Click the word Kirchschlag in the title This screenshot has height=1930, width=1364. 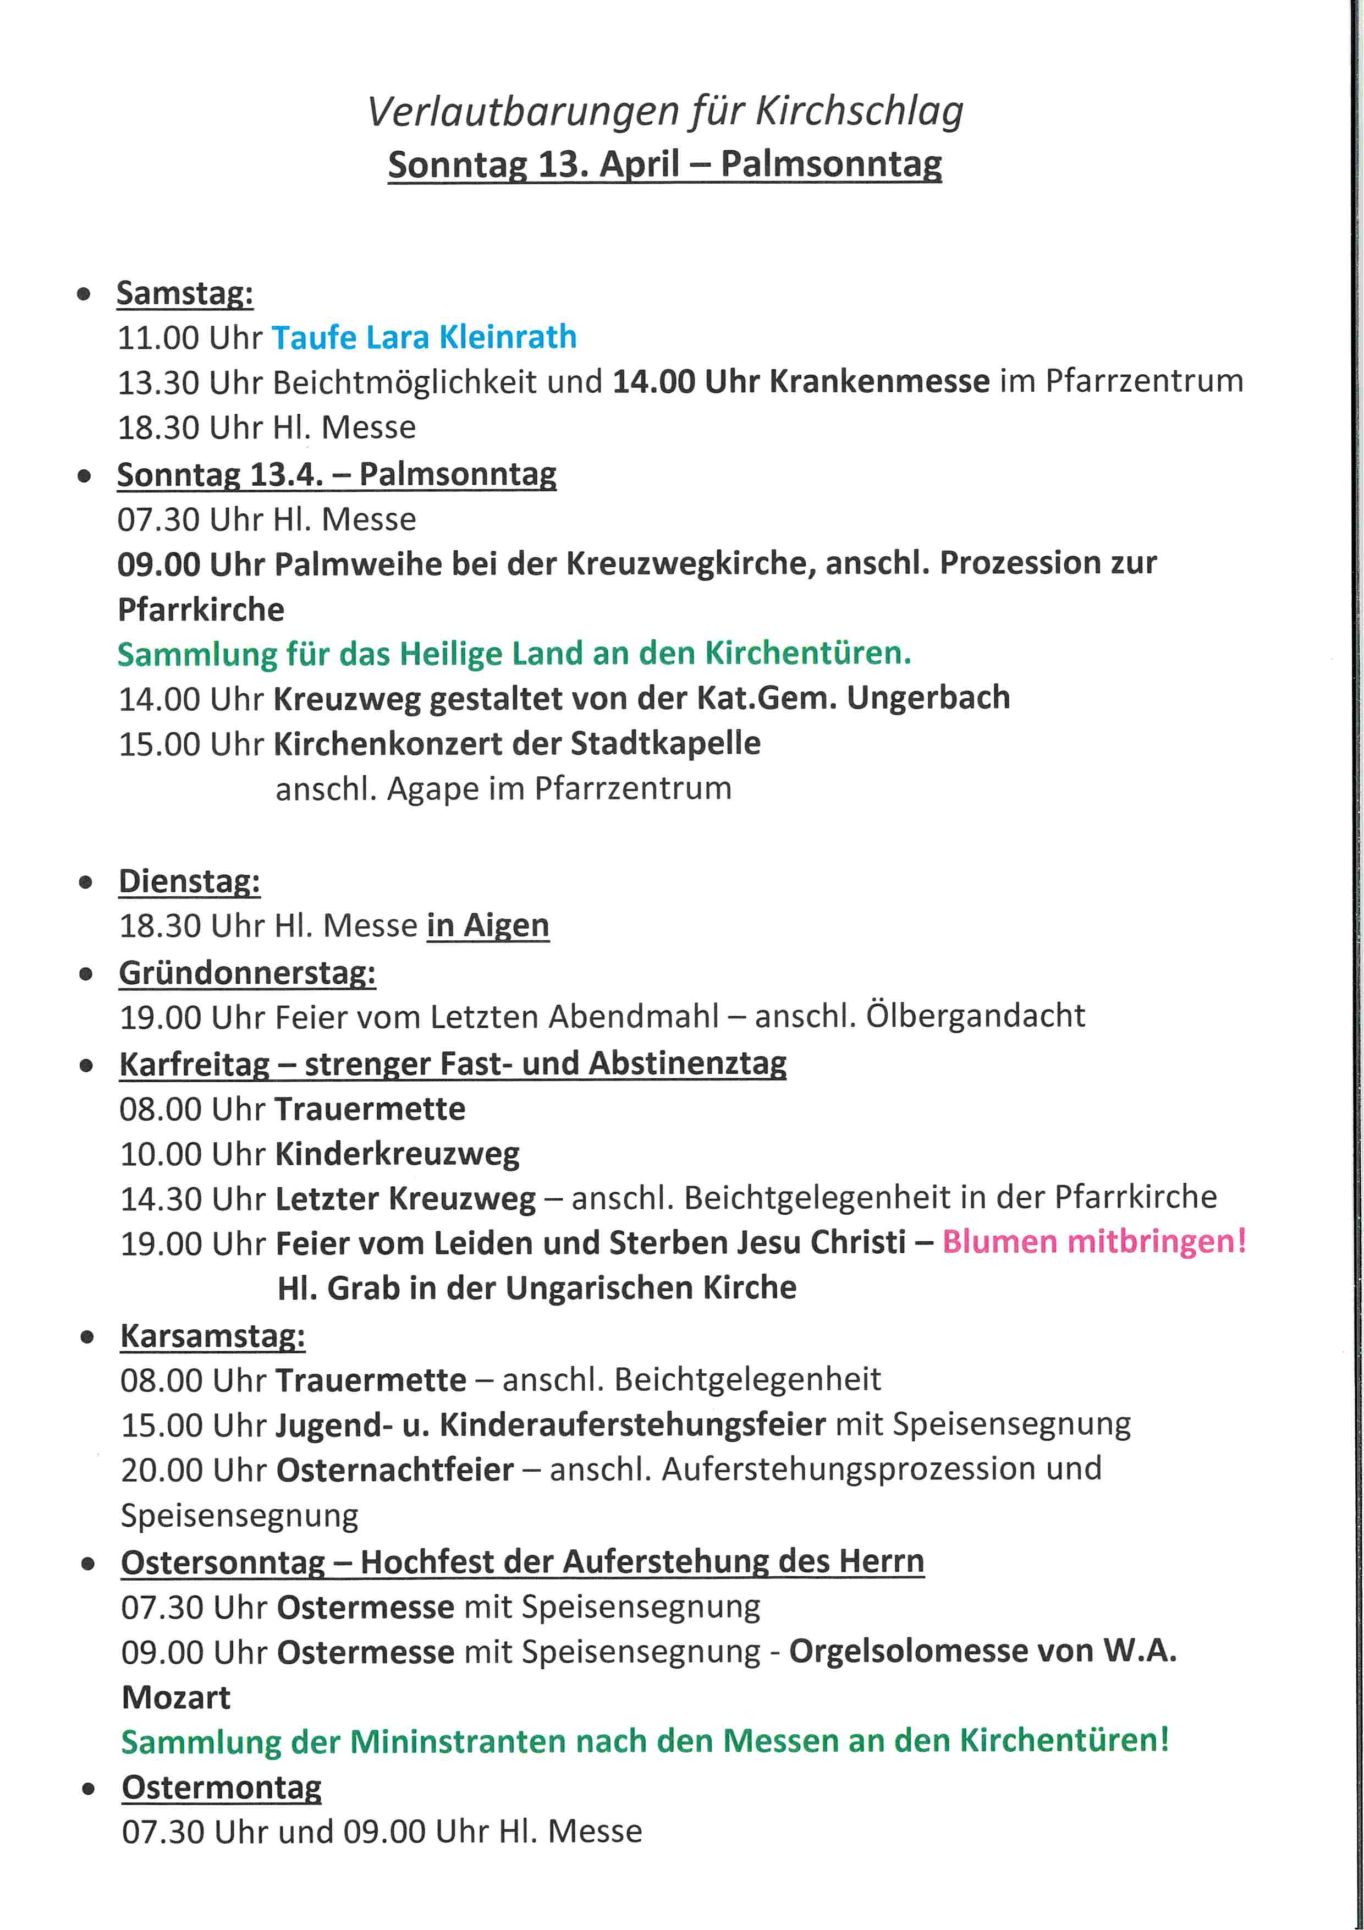point(859,112)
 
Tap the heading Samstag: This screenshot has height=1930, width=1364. point(185,293)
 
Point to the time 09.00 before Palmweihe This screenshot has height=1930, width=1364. point(159,564)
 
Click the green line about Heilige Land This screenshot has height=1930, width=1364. point(514,653)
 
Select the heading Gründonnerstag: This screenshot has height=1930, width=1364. point(247,973)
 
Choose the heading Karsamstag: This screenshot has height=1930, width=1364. point(213,1336)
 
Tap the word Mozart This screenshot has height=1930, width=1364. point(175,1697)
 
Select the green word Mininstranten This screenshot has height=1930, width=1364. point(457,1741)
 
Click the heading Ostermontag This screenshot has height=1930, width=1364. point(222,1787)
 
